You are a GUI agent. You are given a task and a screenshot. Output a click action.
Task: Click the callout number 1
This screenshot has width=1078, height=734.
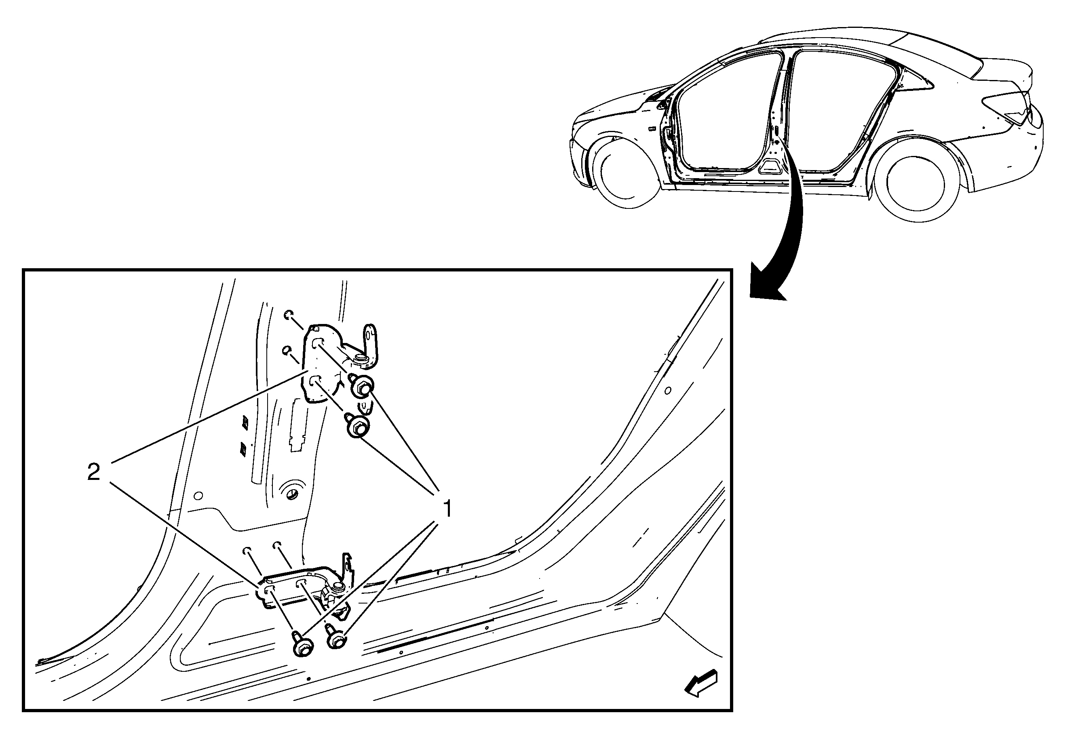[447, 509]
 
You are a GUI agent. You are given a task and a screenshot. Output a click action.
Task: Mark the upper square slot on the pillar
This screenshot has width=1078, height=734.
[245, 422]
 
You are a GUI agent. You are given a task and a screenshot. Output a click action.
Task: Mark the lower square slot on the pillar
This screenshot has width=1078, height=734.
[243, 448]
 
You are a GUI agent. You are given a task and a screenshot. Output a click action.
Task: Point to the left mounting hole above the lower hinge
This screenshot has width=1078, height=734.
[247, 550]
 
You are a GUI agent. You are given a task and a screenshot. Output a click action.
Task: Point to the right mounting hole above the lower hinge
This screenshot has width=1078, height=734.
[278, 544]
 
